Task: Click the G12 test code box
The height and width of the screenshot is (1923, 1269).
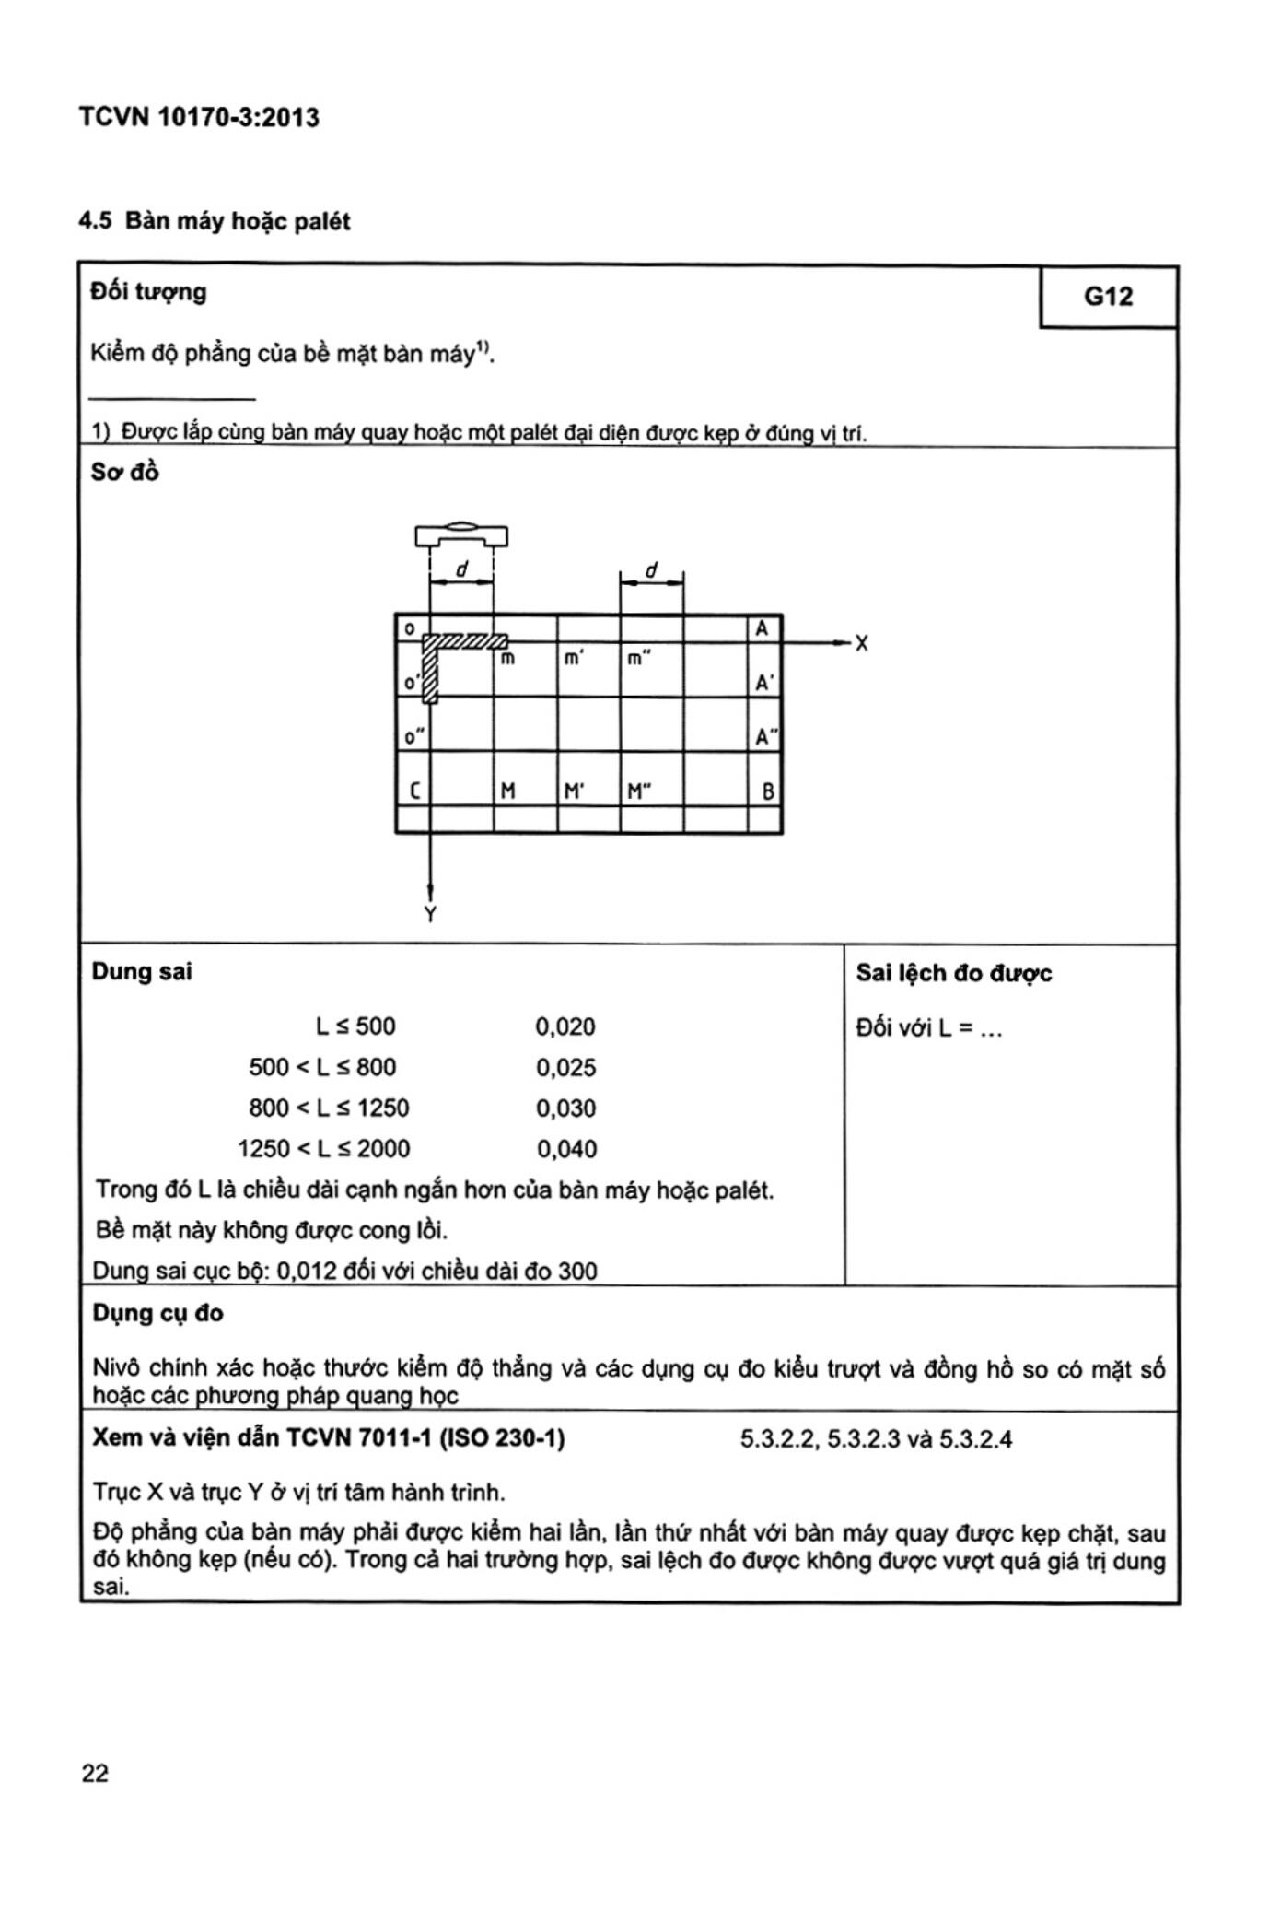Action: coord(1108,297)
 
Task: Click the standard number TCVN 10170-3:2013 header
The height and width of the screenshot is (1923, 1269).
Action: coord(199,118)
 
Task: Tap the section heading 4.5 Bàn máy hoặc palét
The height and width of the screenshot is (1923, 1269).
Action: coord(215,221)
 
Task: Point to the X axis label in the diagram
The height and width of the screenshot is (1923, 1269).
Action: coord(861,643)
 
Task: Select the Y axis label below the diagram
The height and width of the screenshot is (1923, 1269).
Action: coord(430,914)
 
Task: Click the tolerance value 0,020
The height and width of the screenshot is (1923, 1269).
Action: coord(565,1026)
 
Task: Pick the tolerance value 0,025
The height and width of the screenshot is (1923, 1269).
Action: coord(565,1068)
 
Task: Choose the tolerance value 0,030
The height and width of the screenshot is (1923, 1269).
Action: coord(565,1108)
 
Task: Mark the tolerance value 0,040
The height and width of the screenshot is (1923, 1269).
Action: coord(566,1149)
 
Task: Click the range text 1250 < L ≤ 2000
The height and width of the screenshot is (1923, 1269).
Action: coord(324,1149)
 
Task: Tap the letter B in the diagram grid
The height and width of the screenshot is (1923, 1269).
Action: coord(768,791)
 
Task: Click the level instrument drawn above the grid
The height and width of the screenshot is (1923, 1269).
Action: coord(461,534)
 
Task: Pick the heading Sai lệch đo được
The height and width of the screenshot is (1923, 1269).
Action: coord(954,973)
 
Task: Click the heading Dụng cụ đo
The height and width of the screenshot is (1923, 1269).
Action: coord(157,1313)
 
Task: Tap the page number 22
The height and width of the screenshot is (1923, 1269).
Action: coord(95,1774)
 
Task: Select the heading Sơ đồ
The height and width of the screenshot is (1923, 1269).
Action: coord(124,472)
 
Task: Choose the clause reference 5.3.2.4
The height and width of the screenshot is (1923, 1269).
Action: coord(975,1439)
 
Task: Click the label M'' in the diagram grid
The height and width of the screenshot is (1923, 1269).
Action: coord(638,791)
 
